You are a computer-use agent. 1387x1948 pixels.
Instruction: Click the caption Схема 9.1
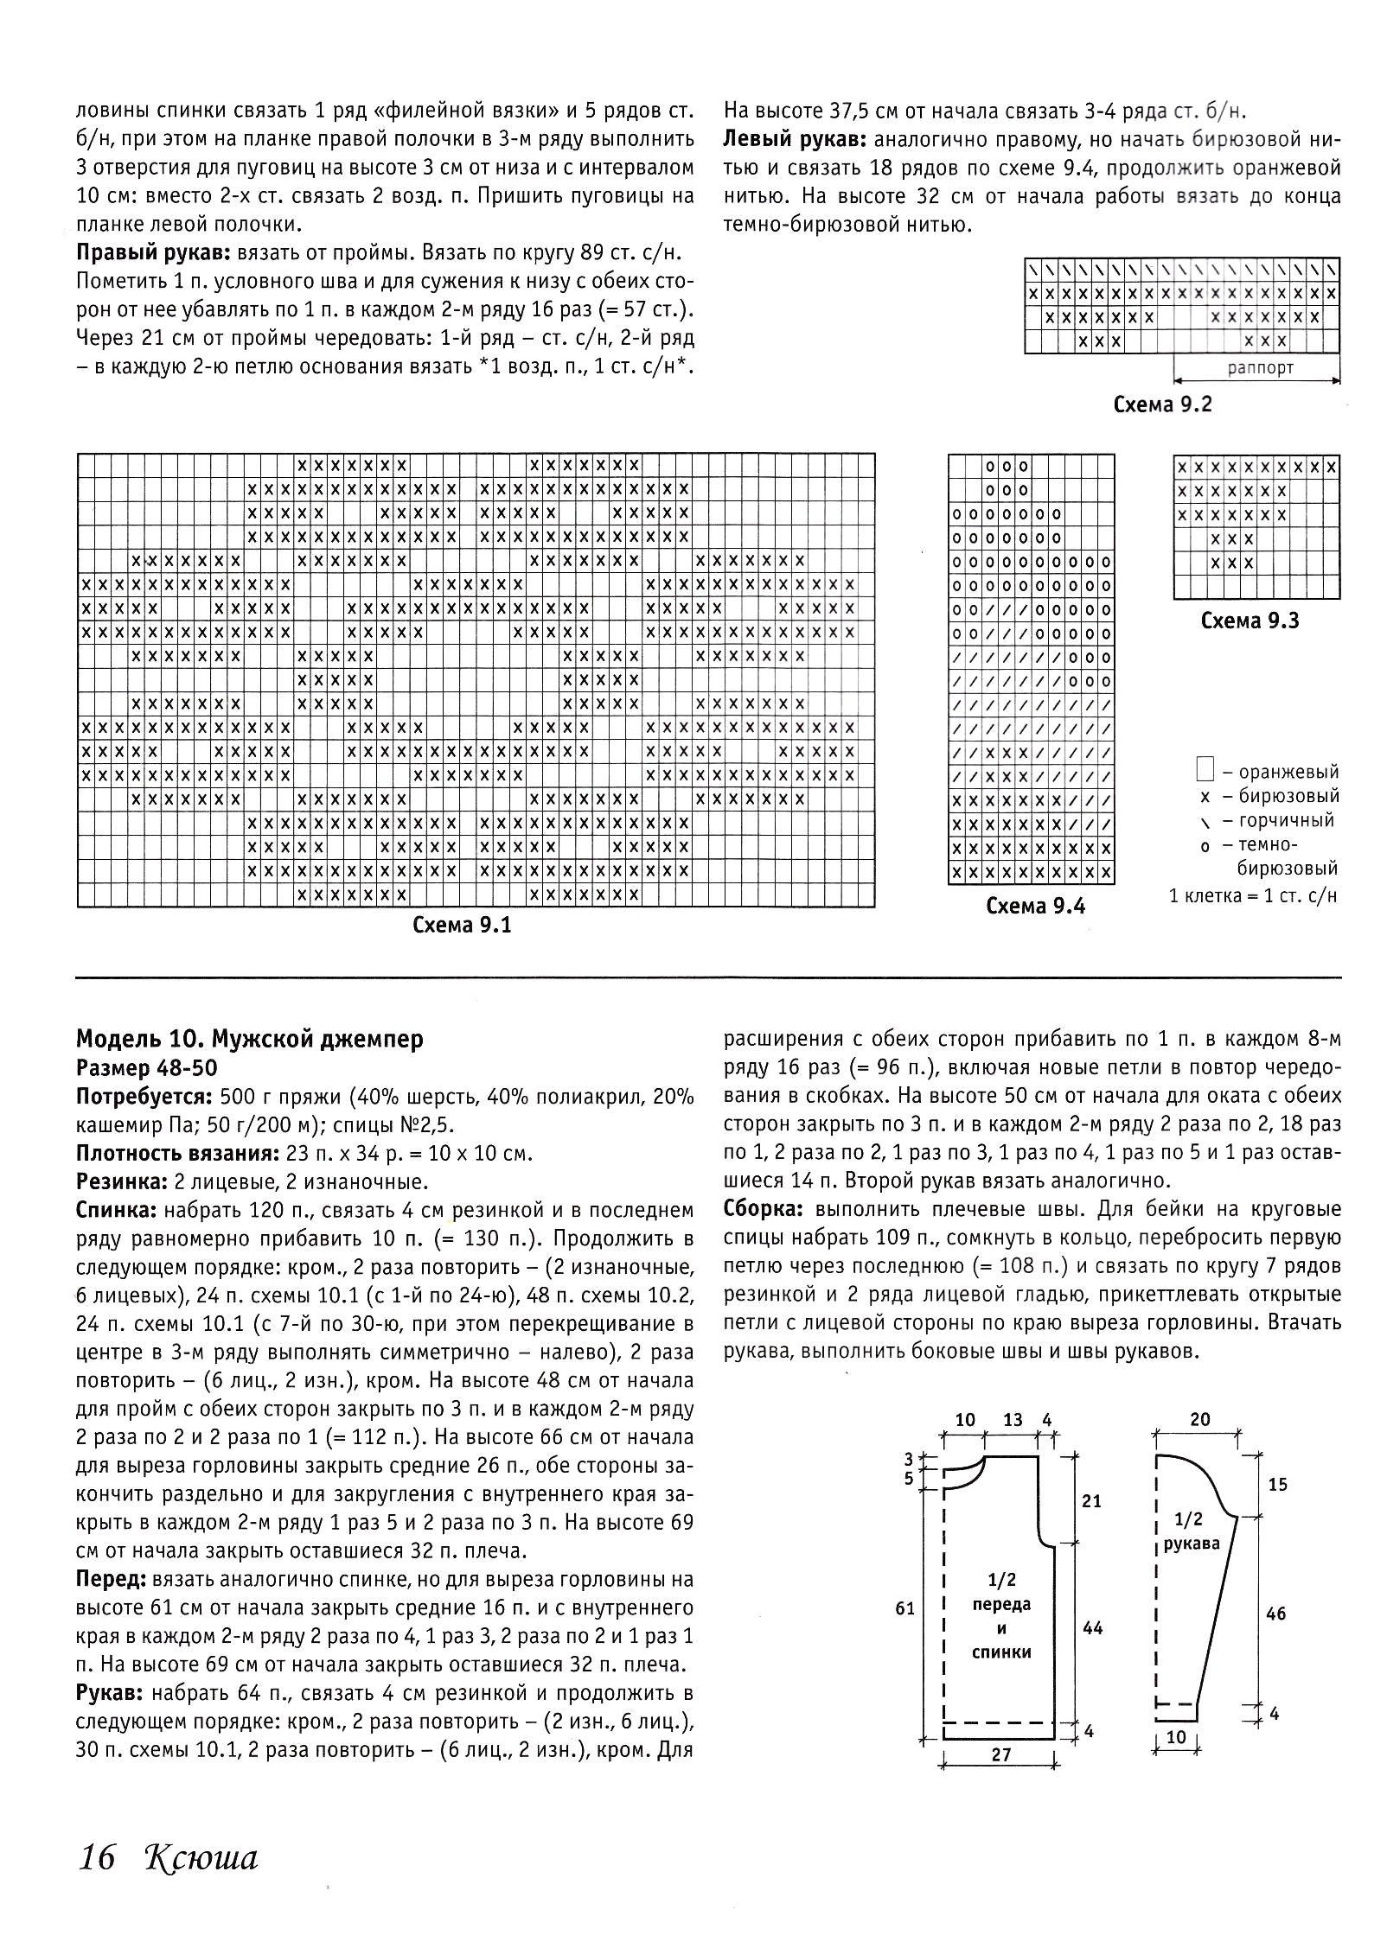coord(462,926)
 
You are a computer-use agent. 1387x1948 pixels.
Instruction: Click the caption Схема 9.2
coord(1162,404)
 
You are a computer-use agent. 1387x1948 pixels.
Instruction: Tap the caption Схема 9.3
coord(1250,621)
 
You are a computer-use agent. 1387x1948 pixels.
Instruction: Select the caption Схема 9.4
coord(1035,906)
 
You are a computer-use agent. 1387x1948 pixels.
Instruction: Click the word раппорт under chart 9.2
coord(1260,367)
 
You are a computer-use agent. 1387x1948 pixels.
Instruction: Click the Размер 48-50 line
coord(147,1068)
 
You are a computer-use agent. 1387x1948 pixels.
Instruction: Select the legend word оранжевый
coord(1288,772)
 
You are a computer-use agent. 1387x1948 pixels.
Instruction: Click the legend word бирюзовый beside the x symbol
coord(1288,796)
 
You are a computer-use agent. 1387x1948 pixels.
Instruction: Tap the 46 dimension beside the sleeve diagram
coord(1276,1613)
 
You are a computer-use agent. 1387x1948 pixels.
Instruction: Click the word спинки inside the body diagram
coord(1001,1652)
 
